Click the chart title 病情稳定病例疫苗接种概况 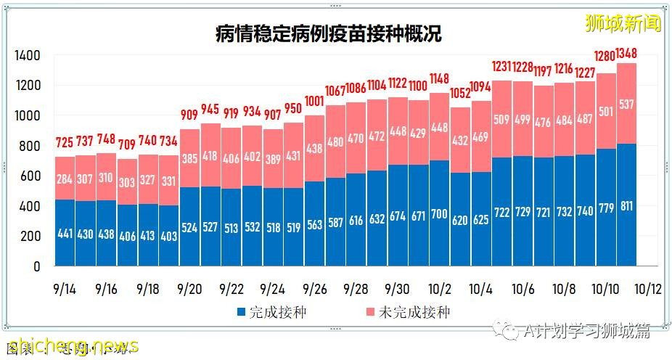328,33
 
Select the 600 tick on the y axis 30,176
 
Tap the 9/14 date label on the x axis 65,288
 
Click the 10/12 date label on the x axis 647,288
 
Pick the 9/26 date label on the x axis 315,288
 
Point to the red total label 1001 315,102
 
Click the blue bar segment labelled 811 627,205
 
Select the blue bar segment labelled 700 440,213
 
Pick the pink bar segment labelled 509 502,119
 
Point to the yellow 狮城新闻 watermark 623,23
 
